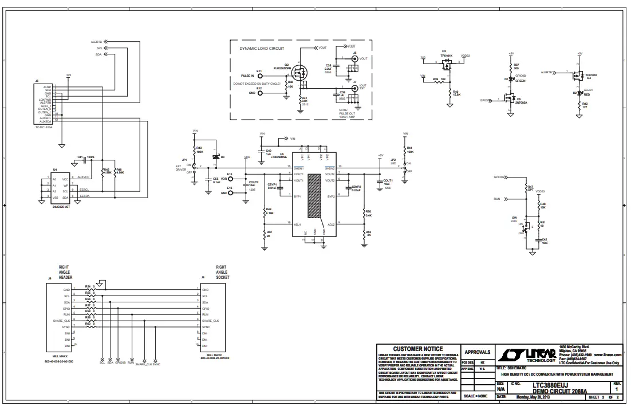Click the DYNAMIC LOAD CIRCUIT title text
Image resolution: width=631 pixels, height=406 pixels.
(262, 49)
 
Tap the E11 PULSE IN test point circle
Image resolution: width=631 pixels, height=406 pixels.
(261, 76)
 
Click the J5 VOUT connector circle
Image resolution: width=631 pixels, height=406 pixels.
(355, 58)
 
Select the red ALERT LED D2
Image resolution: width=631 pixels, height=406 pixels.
(579, 92)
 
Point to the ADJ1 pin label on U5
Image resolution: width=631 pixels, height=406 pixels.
(298, 224)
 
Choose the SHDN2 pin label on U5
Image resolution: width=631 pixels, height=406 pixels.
(330, 168)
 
